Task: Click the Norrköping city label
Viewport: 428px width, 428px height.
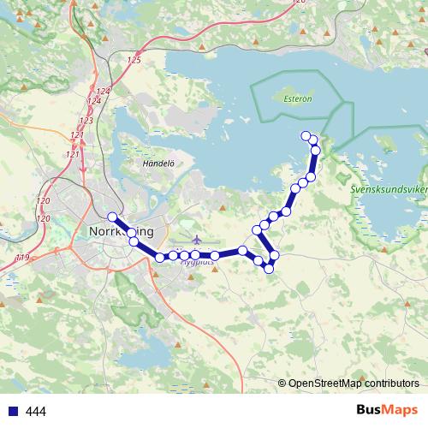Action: [x=122, y=231]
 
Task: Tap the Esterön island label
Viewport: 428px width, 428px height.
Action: [x=296, y=98]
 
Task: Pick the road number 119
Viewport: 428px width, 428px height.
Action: [x=22, y=257]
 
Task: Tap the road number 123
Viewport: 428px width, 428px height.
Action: [x=86, y=121]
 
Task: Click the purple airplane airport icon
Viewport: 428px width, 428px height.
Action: [x=198, y=239]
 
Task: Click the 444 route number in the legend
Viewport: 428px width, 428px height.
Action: [x=36, y=412]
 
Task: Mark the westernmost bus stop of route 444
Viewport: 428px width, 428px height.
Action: [x=112, y=217]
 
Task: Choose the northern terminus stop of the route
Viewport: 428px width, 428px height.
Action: [x=306, y=135]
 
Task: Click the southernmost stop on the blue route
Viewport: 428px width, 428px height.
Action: [x=269, y=269]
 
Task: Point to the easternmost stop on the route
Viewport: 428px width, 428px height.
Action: [x=316, y=150]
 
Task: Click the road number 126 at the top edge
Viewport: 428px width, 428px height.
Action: [x=299, y=3]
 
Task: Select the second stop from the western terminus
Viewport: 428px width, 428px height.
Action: [x=134, y=242]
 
